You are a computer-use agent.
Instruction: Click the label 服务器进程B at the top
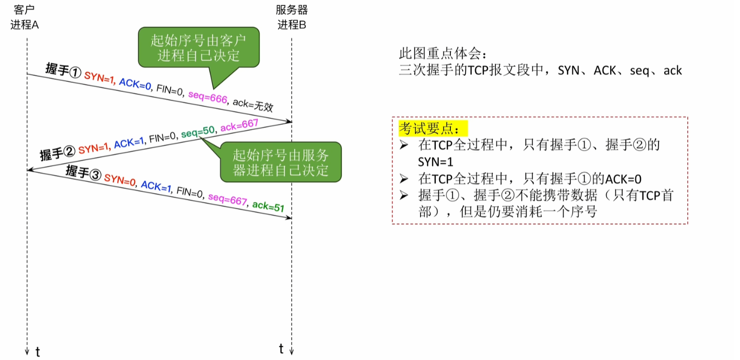tap(292, 17)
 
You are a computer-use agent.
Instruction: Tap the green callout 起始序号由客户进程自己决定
tap(198, 48)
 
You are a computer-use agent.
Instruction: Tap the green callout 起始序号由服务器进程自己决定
tap(281, 162)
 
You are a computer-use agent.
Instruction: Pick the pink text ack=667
tap(239, 125)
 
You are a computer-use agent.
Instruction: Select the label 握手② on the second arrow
tap(58, 152)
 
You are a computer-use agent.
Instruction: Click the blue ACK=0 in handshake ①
tap(135, 84)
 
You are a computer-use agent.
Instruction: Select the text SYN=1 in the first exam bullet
tap(435, 162)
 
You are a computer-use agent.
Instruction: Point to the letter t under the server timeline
tap(282, 348)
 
